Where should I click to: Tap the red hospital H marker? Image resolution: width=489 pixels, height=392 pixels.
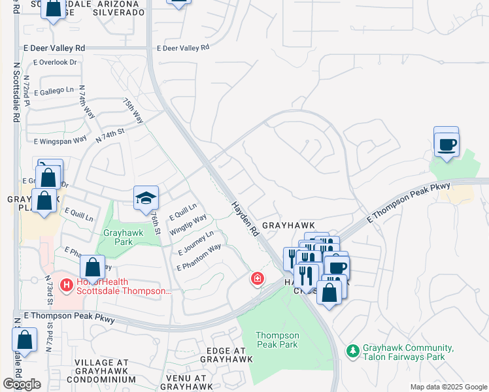click(x=66, y=285)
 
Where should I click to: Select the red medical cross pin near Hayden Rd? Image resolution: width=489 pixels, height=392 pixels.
click(x=258, y=279)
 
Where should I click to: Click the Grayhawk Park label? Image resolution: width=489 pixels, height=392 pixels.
click(x=118, y=237)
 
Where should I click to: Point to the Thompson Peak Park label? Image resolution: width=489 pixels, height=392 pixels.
click(x=277, y=340)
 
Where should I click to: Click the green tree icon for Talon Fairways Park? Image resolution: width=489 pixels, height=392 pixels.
click(x=353, y=351)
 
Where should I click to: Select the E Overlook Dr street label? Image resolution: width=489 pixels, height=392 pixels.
click(x=54, y=63)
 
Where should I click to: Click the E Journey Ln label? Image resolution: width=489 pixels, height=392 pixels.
click(x=196, y=242)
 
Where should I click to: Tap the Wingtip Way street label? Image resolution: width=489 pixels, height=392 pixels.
click(x=188, y=224)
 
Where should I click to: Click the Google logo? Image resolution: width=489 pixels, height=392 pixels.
click(x=22, y=384)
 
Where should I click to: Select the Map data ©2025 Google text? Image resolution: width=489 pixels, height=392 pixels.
click(x=448, y=387)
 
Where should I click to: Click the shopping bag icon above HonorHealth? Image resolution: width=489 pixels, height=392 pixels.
click(x=93, y=267)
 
